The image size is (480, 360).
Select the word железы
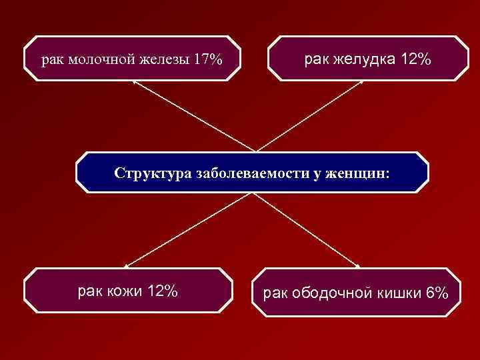pyautogui.click(x=161, y=60)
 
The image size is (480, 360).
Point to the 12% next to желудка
pyautogui.click(x=416, y=60)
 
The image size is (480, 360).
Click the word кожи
pyautogui.click(x=123, y=291)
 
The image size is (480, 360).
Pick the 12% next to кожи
pyautogui.click(x=162, y=291)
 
